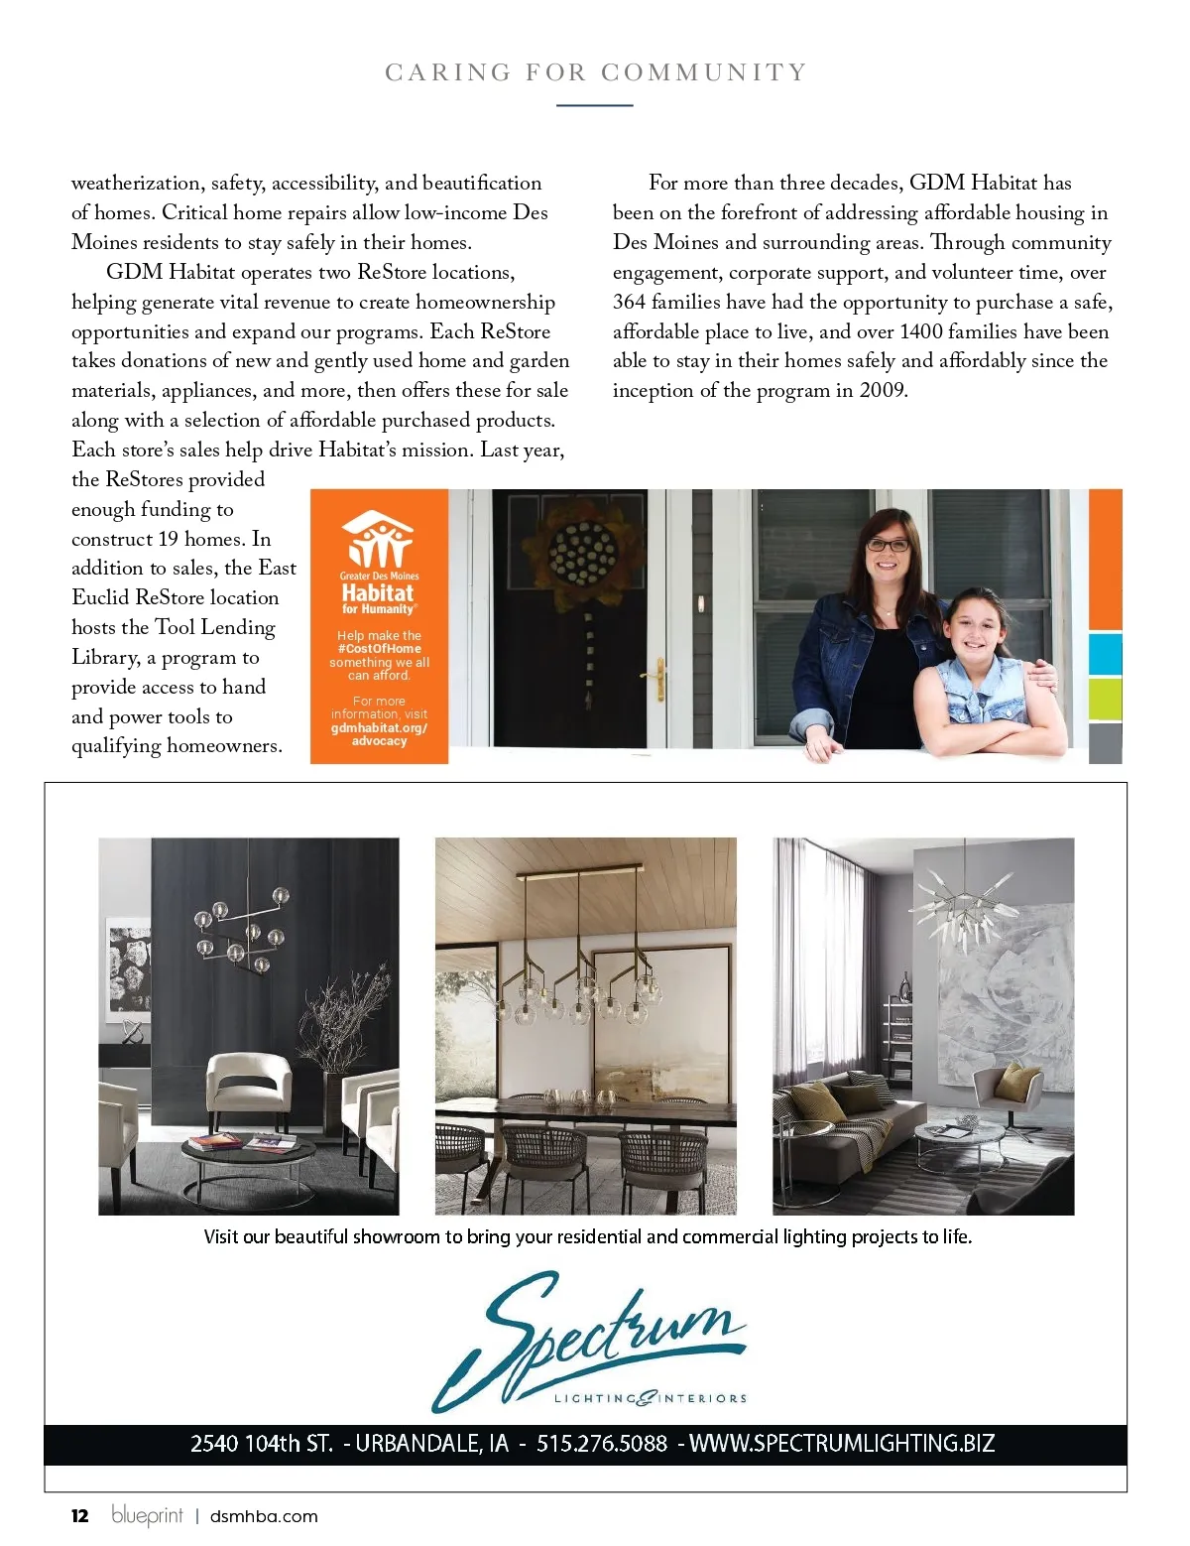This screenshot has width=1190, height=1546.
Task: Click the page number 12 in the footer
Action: click(x=80, y=1515)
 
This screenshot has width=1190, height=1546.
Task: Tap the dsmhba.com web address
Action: click(x=264, y=1516)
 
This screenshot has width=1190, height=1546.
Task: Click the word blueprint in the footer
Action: click(x=147, y=1515)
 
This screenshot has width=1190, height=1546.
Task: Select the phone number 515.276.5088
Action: click(x=602, y=1443)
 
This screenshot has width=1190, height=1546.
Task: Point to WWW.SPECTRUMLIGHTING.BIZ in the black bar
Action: click(x=842, y=1443)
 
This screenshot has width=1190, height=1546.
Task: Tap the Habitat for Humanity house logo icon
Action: click(x=378, y=539)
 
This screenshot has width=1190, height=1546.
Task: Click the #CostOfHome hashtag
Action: click(x=379, y=649)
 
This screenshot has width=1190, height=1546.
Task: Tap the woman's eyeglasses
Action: click(x=889, y=545)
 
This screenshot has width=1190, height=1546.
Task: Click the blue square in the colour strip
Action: click(x=1105, y=654)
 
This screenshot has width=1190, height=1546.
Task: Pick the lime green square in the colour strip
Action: click(x=1105, y=701)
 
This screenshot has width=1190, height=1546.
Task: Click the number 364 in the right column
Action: click(x=629, y=302)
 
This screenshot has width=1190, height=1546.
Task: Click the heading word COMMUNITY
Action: click(x=704, y=72)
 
